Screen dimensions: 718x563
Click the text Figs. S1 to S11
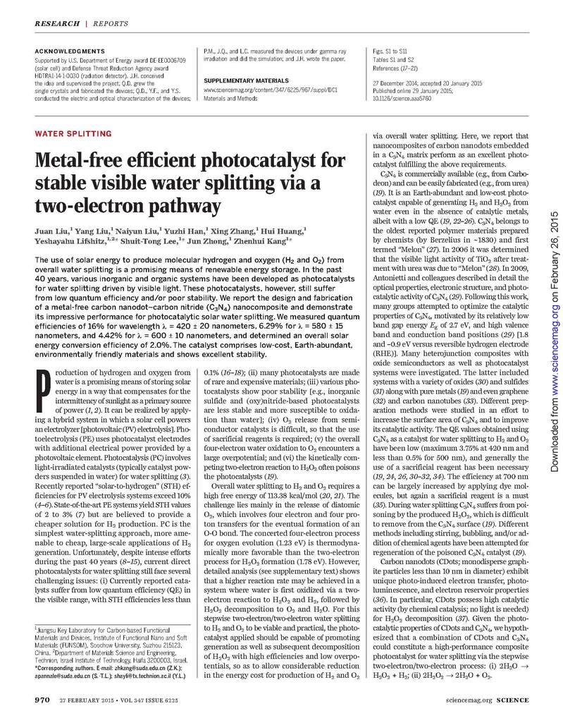(388, 52)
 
